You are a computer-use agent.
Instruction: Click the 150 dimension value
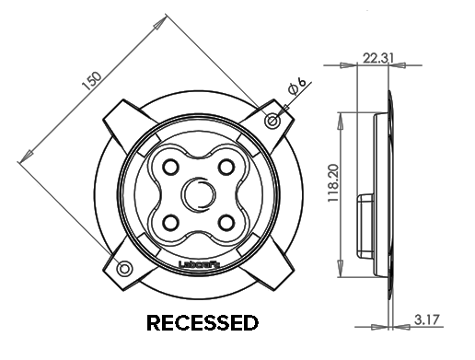[x=91, y=80]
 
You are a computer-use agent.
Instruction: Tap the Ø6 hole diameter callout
[x=296, y=89]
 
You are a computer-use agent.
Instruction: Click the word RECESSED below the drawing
[x=203, y=323]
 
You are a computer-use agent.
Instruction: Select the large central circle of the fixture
[x=197, y=194]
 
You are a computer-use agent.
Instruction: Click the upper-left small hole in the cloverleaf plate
[x=169, y=167]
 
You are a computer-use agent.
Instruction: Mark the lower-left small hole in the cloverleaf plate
[x=169, y=222]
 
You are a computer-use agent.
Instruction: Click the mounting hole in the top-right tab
[x=272, y=121]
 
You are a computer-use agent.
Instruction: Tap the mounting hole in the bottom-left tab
[x=123, y=268]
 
